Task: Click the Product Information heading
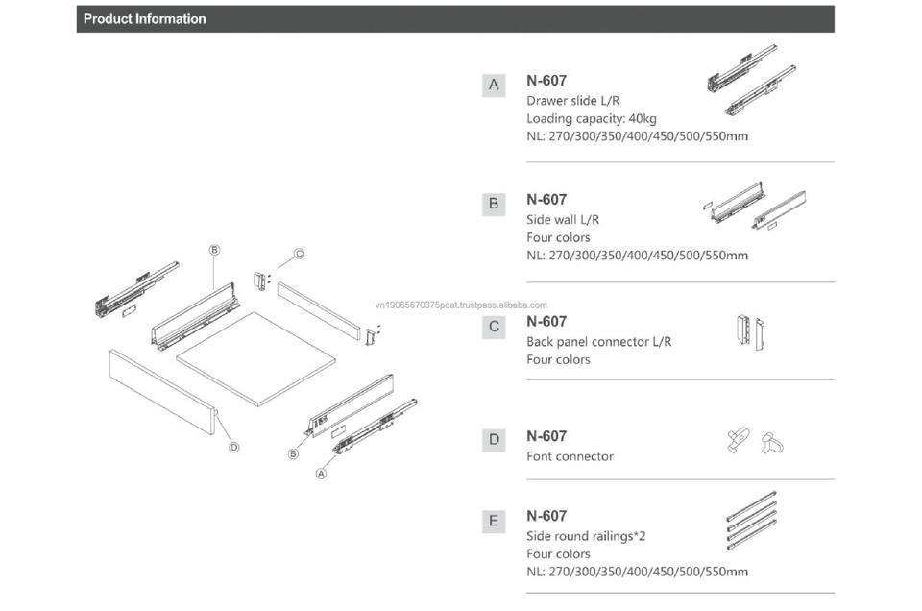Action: click(x=144, y=18)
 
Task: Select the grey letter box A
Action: click(x=494, y=85)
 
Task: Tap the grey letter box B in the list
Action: click(x=494, y=204)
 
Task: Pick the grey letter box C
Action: click(x=494, y=326)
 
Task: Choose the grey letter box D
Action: click(x=494, y=440)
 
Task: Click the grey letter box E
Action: click(x=494, y=521)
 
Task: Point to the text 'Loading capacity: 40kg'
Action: click(x=591, y=118)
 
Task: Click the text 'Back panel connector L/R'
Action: click(x=598, y=341)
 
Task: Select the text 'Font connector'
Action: click(x=570, y=456)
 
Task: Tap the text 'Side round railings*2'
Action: click(x=586, y=536)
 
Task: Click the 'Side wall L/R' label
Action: click(x=563, y=220)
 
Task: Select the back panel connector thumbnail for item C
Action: click(x=749, y=331)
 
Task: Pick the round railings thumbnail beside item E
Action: click(x=751, y=522)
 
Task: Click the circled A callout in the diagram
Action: click(x=322, y=473)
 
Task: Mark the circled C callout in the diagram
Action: click(x=299, y=254)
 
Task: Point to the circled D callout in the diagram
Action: click(x=233, y=447)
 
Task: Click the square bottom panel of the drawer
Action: click(x=255, y=355)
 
